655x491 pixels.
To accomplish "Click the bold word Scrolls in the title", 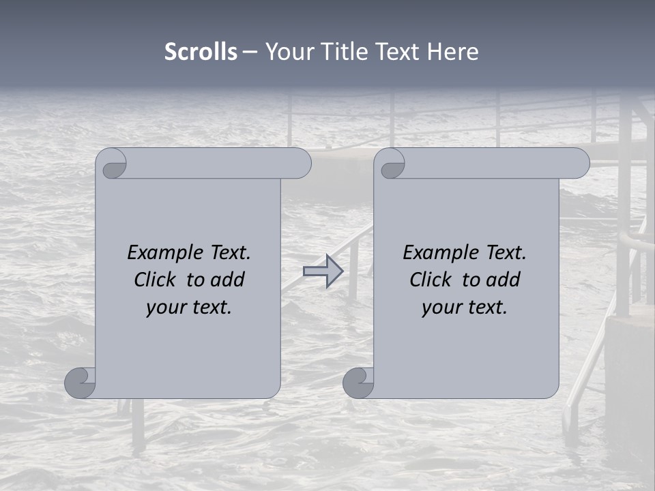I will point(201,52).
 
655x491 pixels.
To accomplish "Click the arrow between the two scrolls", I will point(323,271).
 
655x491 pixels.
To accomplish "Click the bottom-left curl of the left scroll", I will point(81,383).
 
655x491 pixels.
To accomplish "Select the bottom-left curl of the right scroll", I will point(359,383).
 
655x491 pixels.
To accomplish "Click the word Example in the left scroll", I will point(158,253).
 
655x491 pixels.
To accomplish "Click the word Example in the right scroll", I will point(434,253).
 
